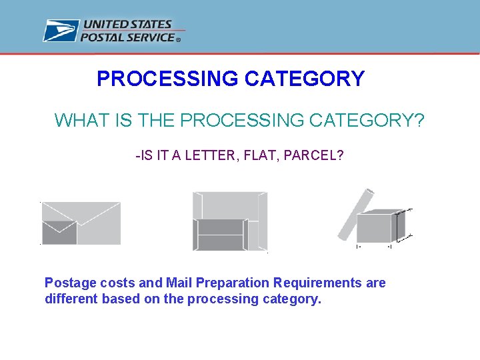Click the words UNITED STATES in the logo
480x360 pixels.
click(126, 25)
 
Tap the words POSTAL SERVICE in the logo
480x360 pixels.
click(127, 37)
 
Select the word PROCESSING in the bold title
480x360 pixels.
click(167, 79)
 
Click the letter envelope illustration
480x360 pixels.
click(81, 223)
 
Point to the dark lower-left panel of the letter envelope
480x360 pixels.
click(59, 233)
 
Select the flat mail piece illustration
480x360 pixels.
click(230, 221)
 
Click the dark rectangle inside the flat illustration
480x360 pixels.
click(219, 234)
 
